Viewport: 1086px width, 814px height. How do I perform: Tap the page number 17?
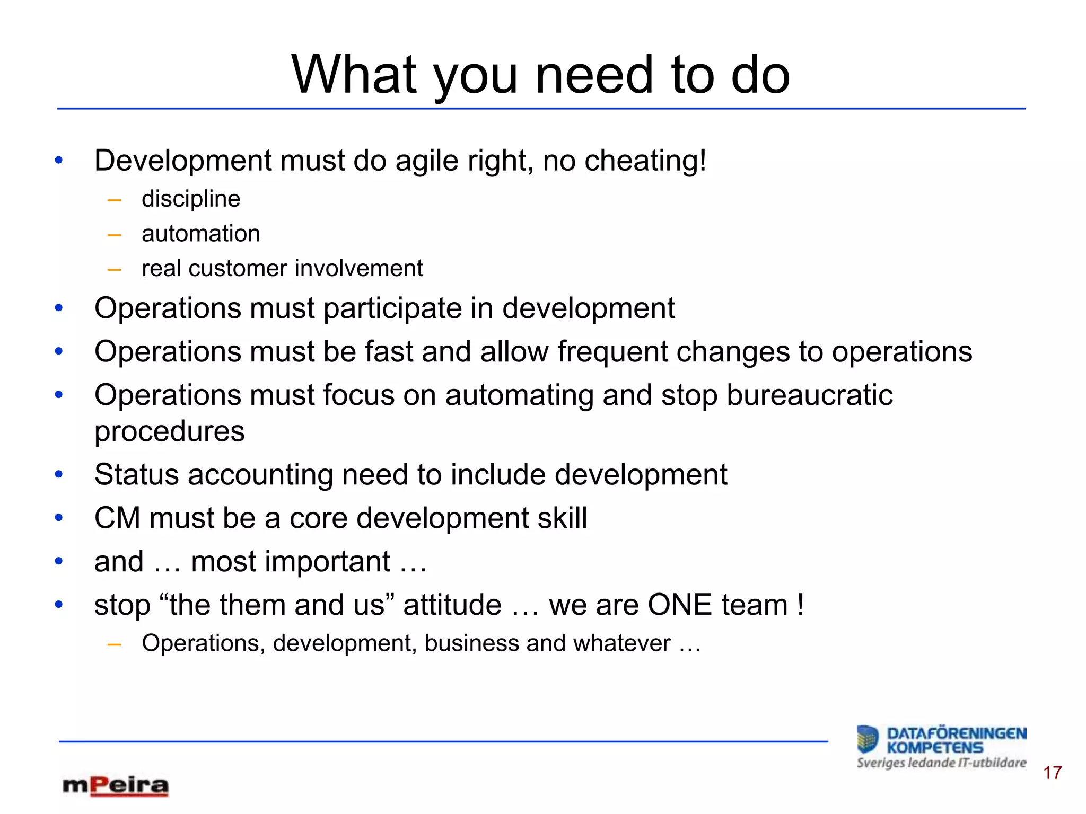1053,773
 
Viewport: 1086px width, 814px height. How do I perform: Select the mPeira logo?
115,786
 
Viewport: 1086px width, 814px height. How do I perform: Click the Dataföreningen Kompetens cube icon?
868,739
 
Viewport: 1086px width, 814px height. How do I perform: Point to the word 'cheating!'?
645,161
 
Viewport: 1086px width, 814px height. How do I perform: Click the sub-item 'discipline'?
191,199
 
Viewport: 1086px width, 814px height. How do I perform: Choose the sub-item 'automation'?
201,234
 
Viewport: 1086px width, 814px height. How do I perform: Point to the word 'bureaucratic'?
809,395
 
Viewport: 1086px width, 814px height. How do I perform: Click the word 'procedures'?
170,431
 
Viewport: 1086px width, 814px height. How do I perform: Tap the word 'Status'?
136,474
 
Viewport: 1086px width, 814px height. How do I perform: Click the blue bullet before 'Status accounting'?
59,474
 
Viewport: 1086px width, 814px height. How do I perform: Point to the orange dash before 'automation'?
114,235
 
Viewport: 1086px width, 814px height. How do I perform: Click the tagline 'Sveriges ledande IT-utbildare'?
941,763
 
